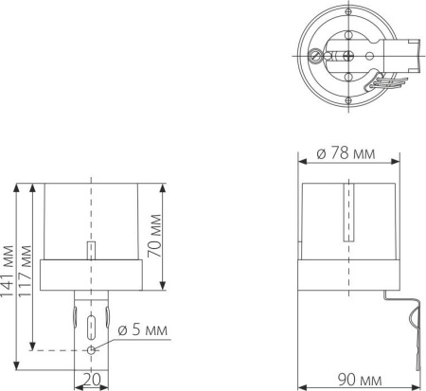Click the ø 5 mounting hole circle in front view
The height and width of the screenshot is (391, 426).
[x=90, y=349]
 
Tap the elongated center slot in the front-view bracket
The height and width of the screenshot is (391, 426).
[x=90, y=327]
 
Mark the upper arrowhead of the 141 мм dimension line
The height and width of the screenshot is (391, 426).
[x=16, y=187]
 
